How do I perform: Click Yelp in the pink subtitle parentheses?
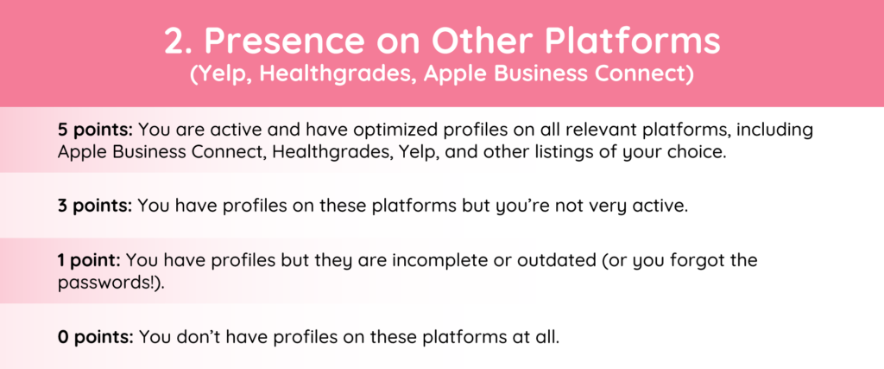215,75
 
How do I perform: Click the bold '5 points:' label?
95,130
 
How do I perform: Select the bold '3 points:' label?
95,206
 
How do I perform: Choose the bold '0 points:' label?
95,337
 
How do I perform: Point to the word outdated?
566,261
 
